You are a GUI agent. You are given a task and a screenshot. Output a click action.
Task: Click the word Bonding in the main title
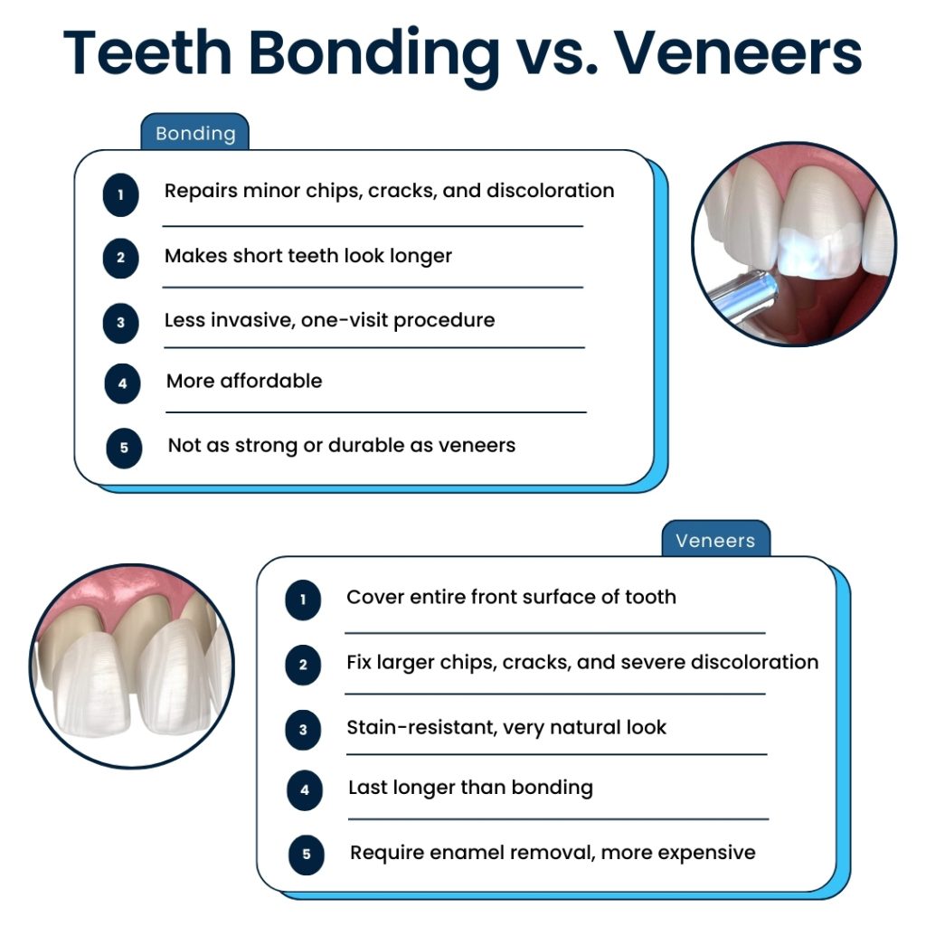(373, 53)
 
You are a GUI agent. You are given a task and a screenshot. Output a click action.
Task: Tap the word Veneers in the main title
(735, 53)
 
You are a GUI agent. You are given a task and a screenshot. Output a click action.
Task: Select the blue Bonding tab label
(195, 134)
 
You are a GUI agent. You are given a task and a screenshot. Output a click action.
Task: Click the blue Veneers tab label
(714, 541)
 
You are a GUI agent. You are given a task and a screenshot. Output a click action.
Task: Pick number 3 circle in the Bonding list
(120, 323)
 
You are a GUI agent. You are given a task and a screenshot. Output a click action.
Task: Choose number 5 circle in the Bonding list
(124, 448)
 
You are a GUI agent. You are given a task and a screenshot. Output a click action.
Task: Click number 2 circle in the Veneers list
(303, 666)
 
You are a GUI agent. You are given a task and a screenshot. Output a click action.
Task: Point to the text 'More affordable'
(244, 381)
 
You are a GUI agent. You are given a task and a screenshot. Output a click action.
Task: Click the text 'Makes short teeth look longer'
(307, 256)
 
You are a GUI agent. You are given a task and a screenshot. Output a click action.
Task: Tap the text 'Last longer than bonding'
(470, 788)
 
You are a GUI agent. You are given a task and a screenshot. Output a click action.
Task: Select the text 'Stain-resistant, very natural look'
(506, 727)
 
